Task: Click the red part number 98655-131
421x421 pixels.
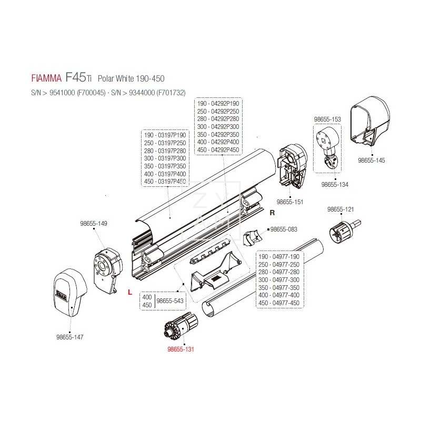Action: tap(181, 349)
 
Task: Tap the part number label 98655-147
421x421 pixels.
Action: tap(69, 336)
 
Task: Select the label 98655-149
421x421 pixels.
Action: tap(95, 224)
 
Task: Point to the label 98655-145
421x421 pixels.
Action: tap(371, 160)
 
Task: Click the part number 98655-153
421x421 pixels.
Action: tap(327, 119)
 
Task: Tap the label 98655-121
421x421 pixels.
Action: tap(340, 209)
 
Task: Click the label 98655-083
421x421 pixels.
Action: tap(284, 229)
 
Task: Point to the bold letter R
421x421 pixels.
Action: tap(272, 213)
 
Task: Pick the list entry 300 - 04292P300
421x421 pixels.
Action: tap(218, 127)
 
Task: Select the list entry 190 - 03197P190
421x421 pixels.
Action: tap(165, 135)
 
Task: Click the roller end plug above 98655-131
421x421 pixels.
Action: tap(181, 326)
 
